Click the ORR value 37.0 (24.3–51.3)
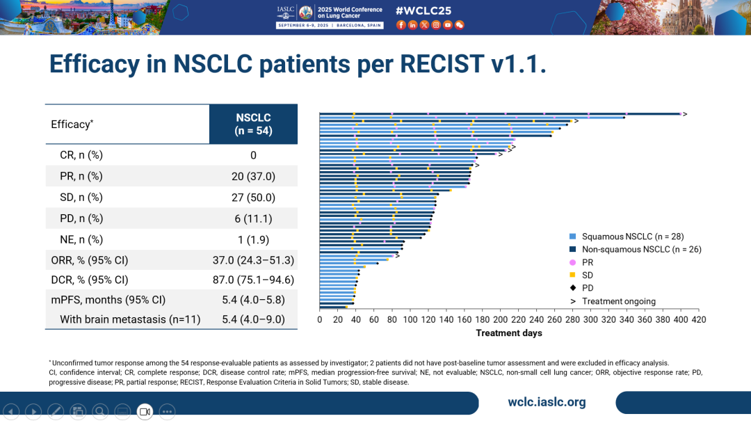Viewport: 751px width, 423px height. point(253,260)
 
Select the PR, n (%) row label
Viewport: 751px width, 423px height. point(81,176)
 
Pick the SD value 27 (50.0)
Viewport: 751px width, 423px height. point(253,198)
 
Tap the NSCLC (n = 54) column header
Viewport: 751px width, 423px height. point(253,124)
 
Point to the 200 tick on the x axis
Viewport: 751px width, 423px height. point(500,320)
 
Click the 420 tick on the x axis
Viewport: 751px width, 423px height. point(698,320)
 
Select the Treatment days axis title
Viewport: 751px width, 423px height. point(509,333)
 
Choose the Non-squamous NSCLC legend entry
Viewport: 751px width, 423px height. point(641,249)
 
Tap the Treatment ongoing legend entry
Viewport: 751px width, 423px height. point(618,301)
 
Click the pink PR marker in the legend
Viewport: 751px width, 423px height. point(572,262)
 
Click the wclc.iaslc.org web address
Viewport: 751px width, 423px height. point(547,402)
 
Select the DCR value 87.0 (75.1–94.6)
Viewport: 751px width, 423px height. point(253,280)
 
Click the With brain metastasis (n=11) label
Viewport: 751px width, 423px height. point(130,319)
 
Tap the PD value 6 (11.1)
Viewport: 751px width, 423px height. point(253,218)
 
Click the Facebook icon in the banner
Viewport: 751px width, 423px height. point(401,25)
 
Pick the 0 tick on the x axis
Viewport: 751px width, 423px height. point(320,320)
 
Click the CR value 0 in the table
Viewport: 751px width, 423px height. point(253,155)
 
